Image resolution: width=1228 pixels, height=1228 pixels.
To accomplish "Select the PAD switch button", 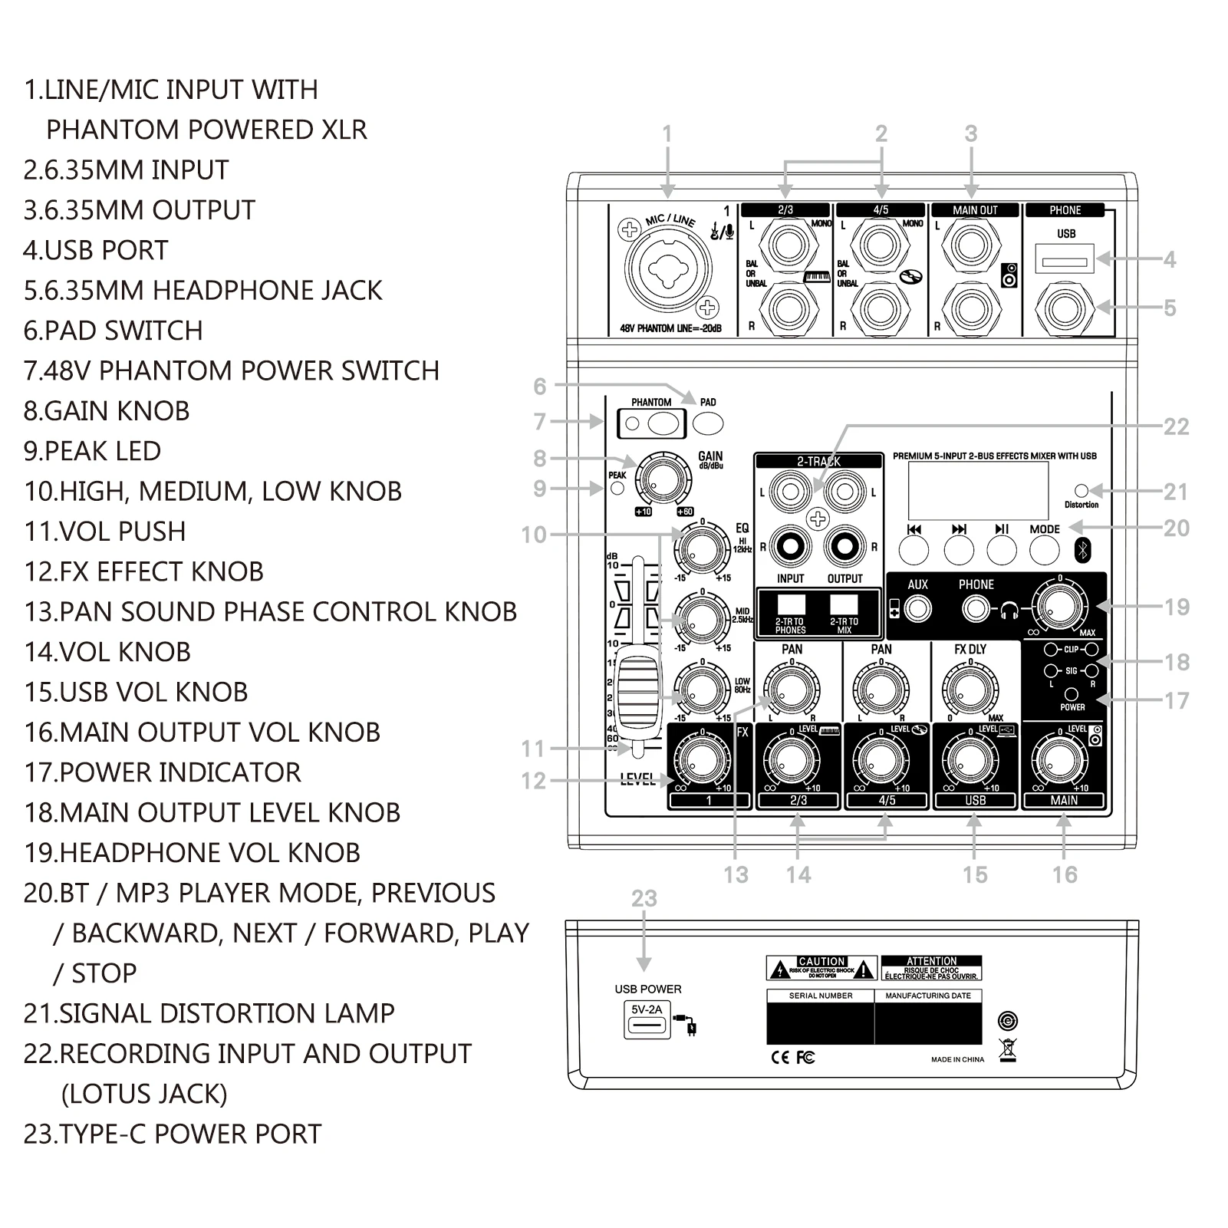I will (708, 423).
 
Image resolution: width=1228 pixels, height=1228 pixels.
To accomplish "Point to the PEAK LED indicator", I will (617, 488).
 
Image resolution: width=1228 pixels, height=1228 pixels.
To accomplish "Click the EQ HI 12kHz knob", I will (702, 550).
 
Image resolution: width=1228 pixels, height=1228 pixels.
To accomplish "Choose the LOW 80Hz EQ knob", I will (702, 689).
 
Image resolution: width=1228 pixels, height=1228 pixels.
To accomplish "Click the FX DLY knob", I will (970, 690).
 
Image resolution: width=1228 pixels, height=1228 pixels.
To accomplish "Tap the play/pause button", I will (1002, 549).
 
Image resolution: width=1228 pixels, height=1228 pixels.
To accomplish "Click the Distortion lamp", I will (1081, 490).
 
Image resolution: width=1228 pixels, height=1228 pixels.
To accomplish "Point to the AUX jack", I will (917, 609).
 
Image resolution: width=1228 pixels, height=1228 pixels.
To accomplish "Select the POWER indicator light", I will (1072, 694).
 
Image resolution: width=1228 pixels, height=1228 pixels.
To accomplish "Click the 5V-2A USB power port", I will (647, 1026).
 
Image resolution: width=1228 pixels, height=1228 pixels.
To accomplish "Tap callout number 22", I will (1176, 426).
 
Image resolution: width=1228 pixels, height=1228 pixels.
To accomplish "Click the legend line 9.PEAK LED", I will (93, 451).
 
